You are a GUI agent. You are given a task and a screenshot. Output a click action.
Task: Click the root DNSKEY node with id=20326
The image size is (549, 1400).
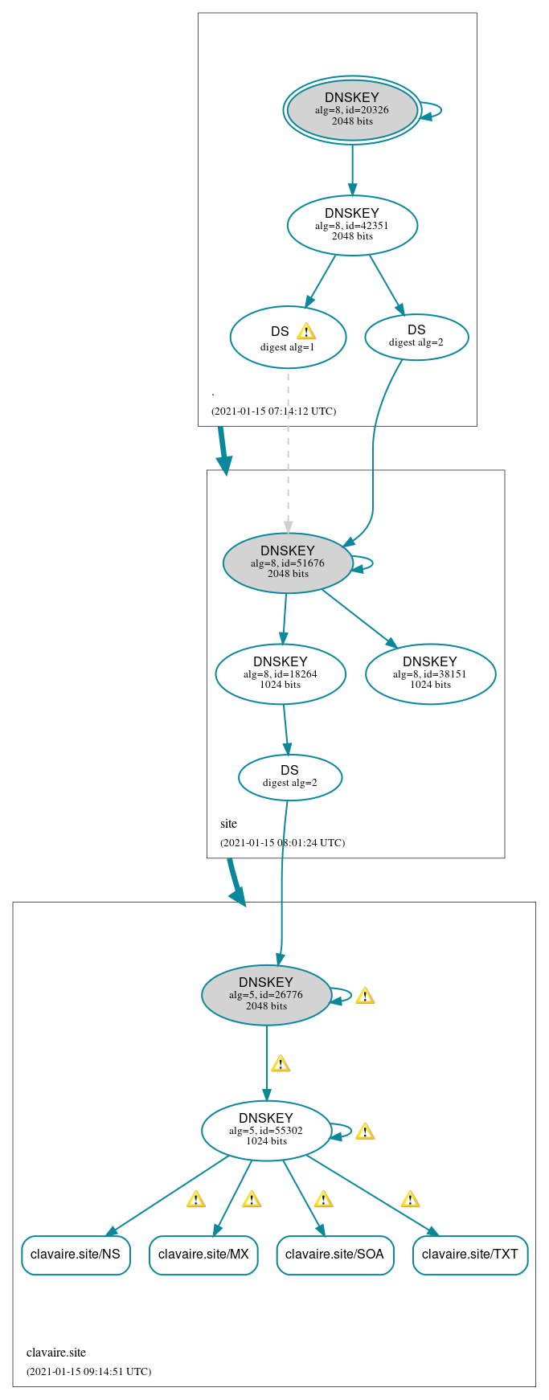(x=352, y=110)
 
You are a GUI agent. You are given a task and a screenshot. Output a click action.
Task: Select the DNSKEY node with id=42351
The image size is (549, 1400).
(x=352, y=225)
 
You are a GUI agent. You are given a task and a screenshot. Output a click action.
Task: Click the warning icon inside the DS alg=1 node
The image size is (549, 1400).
(x=306, y=331)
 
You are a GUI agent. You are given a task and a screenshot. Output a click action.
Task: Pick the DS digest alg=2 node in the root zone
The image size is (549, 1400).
(x=416, y=337)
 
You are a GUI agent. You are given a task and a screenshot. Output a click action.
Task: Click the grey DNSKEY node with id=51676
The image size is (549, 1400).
(x=288, y=563)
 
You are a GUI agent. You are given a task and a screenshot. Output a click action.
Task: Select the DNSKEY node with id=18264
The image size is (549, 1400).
(x=281, y=673)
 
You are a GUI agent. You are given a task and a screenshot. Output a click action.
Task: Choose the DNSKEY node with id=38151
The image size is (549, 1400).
(x=430, y=673)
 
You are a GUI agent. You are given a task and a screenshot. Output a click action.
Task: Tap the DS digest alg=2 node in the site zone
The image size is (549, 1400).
(x=290, y=777)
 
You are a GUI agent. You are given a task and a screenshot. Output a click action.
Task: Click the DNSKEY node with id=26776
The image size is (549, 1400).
(x=266, y=995)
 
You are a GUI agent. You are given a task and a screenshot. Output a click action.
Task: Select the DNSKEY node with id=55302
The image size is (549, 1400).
(x=266, y=1130)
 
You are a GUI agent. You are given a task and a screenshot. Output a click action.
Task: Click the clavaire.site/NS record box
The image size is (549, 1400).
(x=76, y=1255)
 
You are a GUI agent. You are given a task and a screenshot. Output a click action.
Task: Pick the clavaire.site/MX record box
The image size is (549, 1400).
(x=203, y=1255)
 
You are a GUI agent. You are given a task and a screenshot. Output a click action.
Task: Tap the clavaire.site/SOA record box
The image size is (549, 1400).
(x=335, y=1255)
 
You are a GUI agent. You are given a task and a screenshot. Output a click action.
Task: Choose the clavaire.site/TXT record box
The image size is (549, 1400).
(x=470, y=1255)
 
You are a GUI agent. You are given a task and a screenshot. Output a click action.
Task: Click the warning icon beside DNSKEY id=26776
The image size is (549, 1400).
(x=365, y=996)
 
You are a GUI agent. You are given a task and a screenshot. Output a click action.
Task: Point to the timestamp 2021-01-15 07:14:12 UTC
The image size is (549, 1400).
(x=273, y=411)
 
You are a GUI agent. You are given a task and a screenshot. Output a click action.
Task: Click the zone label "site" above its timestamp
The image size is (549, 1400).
(x=228, y=824)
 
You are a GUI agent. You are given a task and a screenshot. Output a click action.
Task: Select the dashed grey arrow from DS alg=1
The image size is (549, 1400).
(x=288, y=450)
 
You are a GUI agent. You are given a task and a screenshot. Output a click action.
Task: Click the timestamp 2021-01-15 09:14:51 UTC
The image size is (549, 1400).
(x=88, y=1371)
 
